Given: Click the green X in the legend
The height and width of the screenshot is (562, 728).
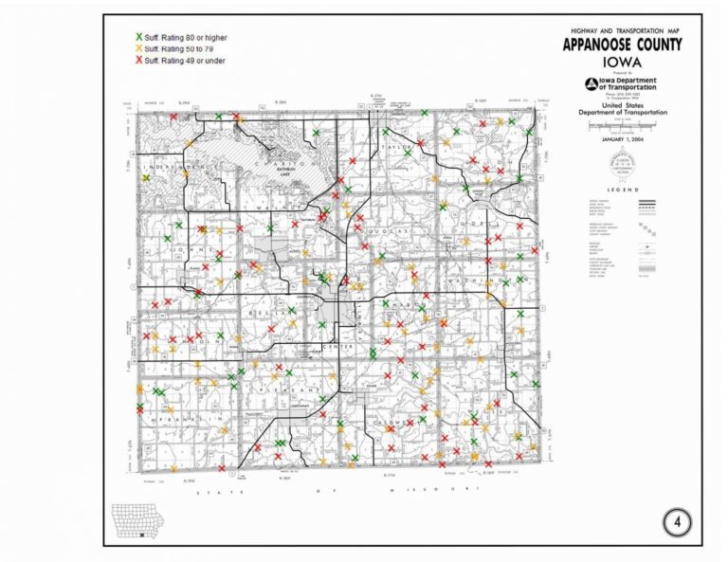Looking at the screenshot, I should tap(138, 37).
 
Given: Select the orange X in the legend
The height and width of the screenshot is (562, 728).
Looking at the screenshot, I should tap(138, 47).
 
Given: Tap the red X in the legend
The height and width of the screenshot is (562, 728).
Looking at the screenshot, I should tap(138, 59).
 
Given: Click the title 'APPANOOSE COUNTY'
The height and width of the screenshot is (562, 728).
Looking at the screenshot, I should tap(621, 45).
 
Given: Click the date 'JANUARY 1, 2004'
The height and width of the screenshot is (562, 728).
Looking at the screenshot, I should tap(621, 136).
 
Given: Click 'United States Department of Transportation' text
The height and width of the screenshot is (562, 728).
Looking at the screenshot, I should tap(622, 110).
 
